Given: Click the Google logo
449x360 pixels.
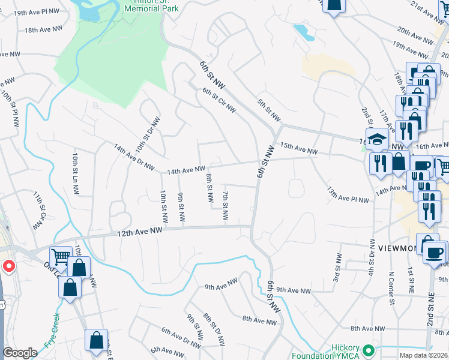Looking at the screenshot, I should click(20, 353).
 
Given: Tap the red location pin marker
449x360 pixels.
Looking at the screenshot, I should click(9, 266).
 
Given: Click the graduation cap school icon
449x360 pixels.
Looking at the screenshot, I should click(376, 139).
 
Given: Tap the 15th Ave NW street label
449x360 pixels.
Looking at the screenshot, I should click(298, 148).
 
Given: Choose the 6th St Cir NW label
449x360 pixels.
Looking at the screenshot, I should click(219, 100).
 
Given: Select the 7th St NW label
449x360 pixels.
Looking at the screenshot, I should click(226, 205).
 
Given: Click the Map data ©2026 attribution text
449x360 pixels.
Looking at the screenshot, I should click(424, 355).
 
